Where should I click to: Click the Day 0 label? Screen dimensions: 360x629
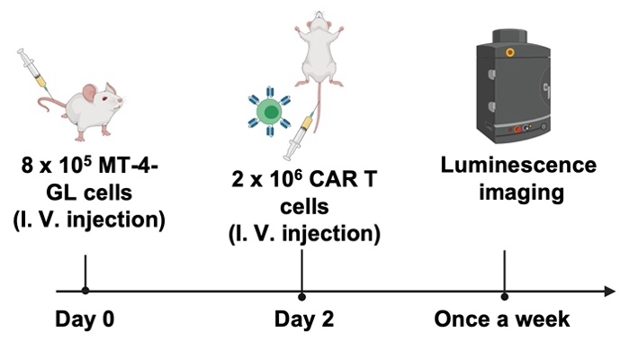pos(85,320)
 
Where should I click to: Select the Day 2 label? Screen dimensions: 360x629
pos(301,320)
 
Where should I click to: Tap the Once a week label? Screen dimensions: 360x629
pos(501,320)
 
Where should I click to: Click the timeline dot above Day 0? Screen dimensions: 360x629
pos(85,291)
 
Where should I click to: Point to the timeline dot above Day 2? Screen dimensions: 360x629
pos(301,295)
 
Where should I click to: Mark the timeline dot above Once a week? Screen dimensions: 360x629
pos(504,295)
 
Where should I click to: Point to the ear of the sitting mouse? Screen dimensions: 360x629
pos(90,91)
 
